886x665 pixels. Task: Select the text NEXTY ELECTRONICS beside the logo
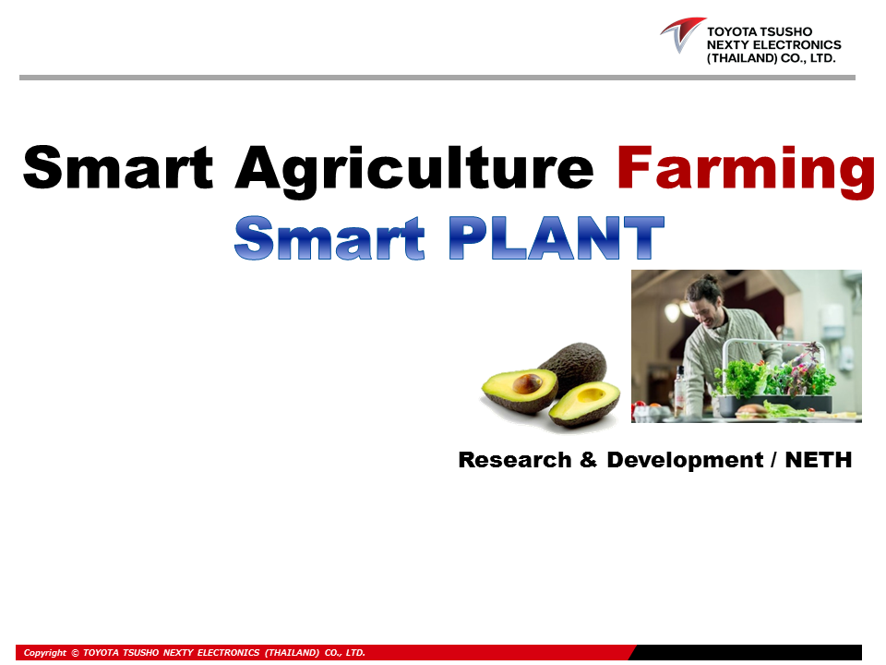coord(773,44)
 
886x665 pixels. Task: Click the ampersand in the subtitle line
coord(589,459)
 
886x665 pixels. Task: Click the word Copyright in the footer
coord(44,653)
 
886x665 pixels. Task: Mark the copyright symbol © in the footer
coord(75,653)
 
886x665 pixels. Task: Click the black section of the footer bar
coord(748,653)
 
